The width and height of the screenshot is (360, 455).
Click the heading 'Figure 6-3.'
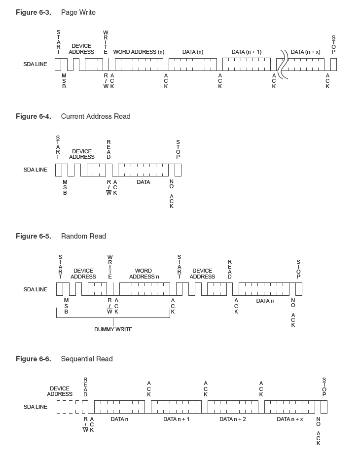(33, 12)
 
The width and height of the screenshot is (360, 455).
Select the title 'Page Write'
(78, 12)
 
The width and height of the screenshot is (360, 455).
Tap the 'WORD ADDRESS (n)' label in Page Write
(139, 52)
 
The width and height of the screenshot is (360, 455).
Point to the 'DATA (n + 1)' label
(247, 52)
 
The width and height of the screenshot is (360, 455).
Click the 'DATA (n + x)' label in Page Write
(306, 52)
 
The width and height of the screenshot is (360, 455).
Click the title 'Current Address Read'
(96, 116)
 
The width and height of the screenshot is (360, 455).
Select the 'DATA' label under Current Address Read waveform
(144, 182)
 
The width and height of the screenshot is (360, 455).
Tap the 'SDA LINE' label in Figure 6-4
(36, 170)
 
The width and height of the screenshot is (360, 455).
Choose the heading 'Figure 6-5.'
(33, 236)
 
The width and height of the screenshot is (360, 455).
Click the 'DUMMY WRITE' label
(113, 329)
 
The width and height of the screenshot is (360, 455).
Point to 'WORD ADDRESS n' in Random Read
(144, 274)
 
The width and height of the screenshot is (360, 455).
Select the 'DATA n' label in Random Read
(265, 301)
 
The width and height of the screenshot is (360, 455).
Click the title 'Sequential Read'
(87, 359)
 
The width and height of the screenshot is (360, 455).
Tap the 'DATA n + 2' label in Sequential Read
(233, 419)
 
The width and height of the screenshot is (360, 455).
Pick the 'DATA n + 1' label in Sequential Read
(177, 419)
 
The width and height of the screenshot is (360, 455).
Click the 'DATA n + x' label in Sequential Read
(290, 419)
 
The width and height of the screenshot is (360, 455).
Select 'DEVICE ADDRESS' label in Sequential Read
(60, 391)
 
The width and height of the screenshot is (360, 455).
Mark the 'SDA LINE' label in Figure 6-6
(36, 407)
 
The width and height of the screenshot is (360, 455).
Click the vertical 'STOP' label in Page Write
(333, 45)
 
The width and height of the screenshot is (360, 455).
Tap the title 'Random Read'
(83, 236)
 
